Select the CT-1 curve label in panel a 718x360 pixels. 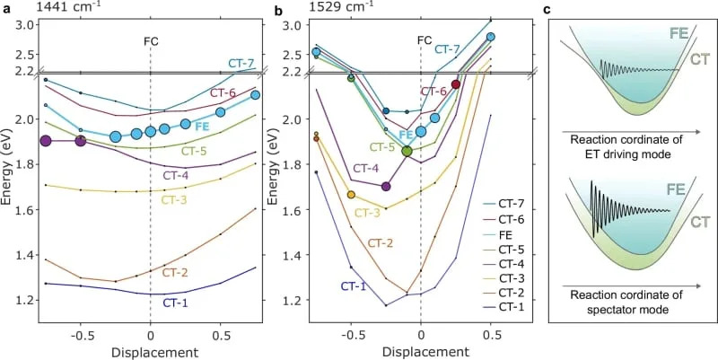(x=176, y=303)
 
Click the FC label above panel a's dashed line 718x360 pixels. (x=150, y=40)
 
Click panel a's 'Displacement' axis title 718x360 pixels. (x=150, y=350)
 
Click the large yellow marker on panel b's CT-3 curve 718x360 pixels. (x=351, y=195)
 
